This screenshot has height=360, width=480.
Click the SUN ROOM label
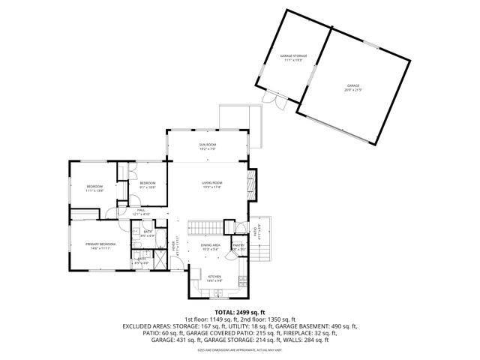[207, 143]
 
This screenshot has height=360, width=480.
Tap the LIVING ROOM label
[211, 183]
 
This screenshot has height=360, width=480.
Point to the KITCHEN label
[214, 277]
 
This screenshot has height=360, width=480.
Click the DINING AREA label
[210, 244]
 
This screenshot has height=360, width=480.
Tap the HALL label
[140, 210]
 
